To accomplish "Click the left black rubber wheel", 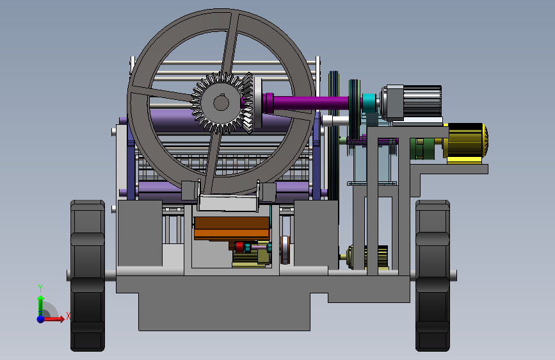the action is coord(88,275).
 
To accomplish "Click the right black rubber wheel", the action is coord(433,275).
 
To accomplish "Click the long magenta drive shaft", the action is coord(306,102).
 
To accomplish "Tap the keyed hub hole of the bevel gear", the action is coord(221,103).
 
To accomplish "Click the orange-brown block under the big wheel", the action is coord(232,228).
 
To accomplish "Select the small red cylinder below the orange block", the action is coord(239,247).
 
